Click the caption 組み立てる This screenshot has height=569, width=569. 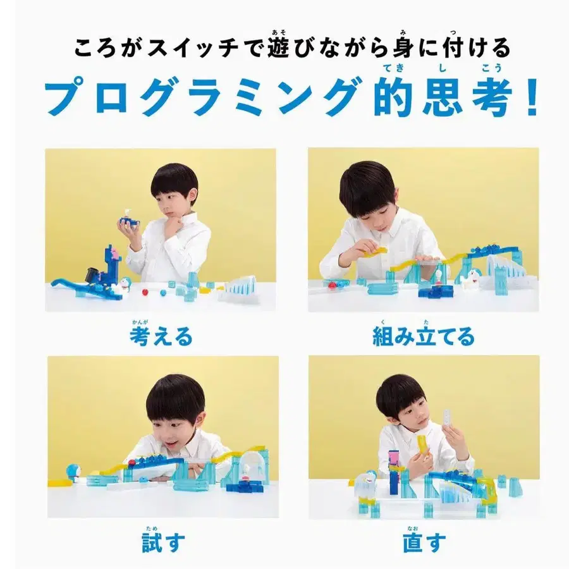[x=423, y=336]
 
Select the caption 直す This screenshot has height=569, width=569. [x=424, y=542]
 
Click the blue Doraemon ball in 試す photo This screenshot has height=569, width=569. [x=73, y=471]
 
